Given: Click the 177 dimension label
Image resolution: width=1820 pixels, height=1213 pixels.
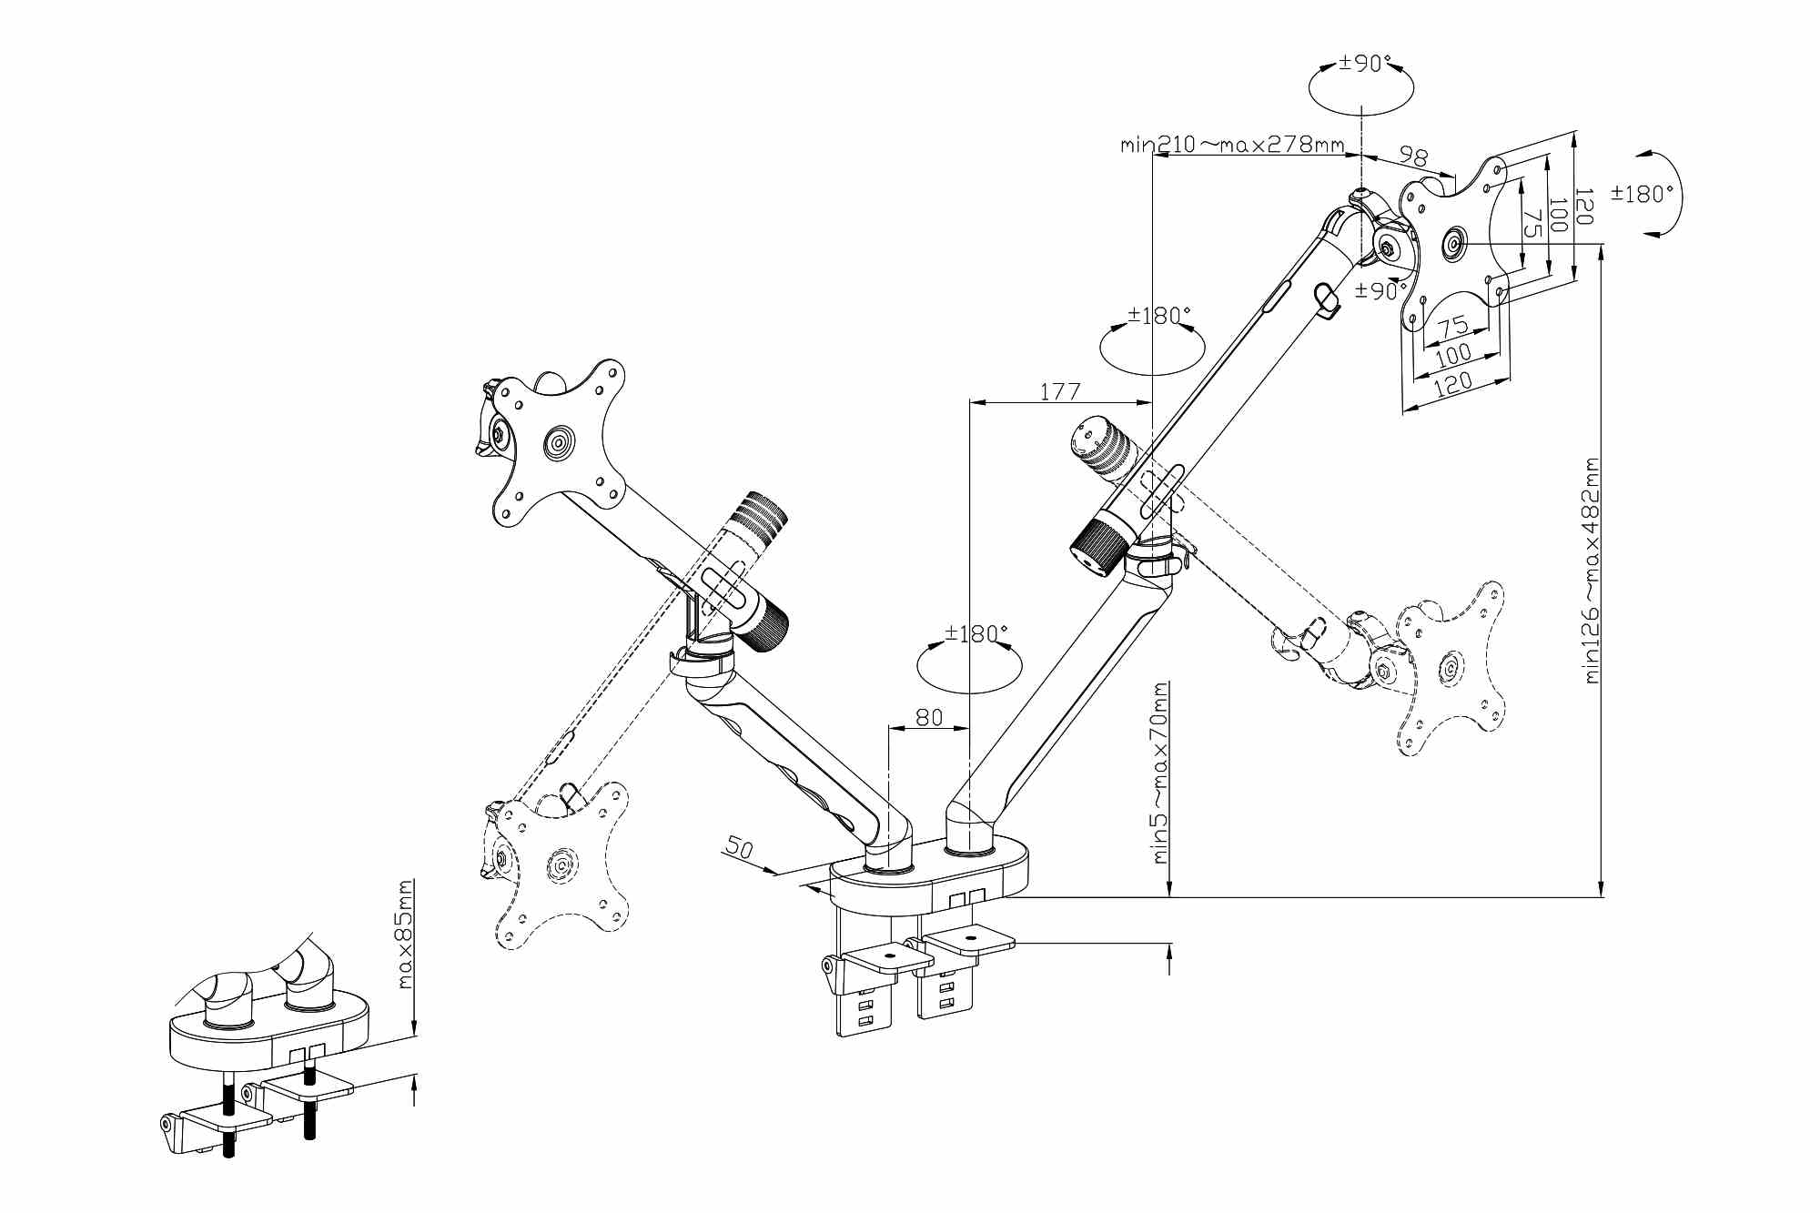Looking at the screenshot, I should (1060, 391).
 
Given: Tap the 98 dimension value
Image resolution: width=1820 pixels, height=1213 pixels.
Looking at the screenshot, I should (1413, 157).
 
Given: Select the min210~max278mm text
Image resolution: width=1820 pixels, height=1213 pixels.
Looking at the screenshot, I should (1232, 144).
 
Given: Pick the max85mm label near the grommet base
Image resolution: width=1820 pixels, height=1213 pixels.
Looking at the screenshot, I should (406, 934).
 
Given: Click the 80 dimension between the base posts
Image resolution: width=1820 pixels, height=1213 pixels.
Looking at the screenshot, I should (928, 717).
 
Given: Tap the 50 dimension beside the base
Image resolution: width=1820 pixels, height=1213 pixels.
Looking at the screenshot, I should (740, 848).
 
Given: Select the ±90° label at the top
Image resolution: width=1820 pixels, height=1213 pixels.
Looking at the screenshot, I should (1365, 64).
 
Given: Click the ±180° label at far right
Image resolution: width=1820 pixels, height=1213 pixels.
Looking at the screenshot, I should (1642, 194).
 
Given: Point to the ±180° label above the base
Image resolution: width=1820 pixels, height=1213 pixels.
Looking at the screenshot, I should (976, 633).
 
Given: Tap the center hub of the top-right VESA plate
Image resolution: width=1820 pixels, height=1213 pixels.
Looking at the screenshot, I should (1454, 244).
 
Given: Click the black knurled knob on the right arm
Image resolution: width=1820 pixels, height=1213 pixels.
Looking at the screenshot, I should (1097, 547).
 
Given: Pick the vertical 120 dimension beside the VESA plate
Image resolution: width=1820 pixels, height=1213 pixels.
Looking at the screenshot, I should (1582, 207).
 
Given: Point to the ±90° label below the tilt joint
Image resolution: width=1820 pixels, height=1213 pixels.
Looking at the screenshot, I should (1380, 291).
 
